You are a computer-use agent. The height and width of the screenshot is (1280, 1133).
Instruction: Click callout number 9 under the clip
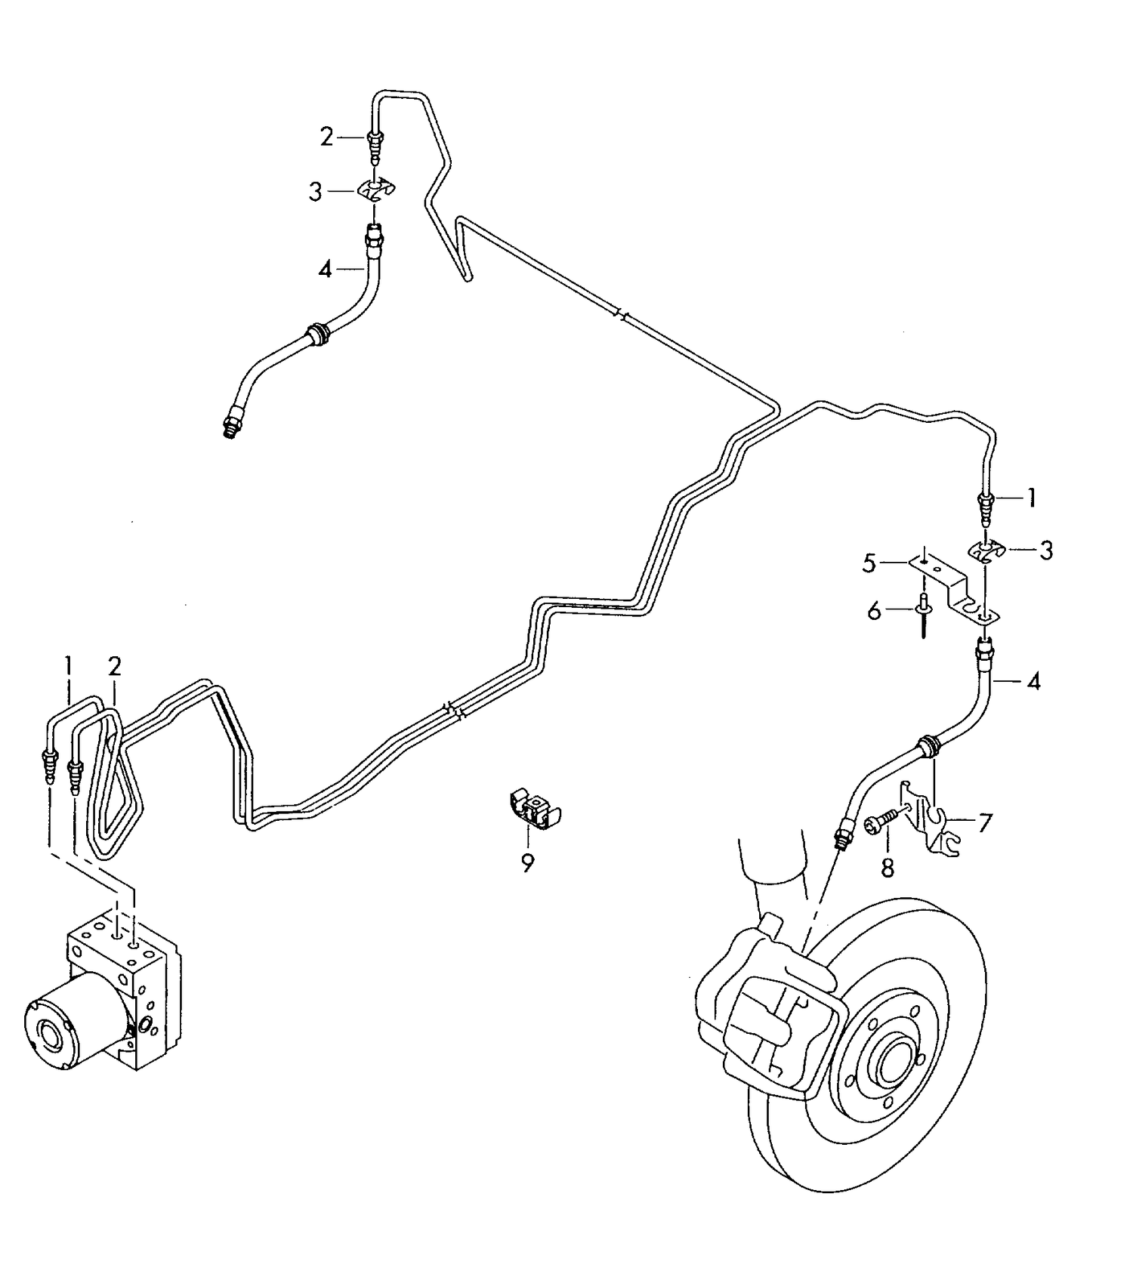[527, 862]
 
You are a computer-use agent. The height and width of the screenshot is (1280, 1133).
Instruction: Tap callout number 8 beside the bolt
[888, 868]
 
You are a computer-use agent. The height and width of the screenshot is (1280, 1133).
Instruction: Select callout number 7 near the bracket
[984, 822]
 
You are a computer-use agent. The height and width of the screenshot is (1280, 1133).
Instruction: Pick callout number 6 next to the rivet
[875, 611]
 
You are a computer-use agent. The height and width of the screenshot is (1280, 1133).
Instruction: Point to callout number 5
[869, 563]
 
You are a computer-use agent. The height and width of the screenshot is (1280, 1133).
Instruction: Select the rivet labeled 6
[923, 615]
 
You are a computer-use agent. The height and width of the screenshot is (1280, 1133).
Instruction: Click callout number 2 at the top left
[326, 137]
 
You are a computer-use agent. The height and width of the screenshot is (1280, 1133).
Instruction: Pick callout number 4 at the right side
[1033, 681]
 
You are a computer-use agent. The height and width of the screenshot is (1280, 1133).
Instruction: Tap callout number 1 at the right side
[1031, 498]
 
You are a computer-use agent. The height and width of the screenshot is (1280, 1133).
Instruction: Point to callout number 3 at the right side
[1045, 551]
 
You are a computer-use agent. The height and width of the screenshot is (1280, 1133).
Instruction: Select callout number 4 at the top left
[325, 269]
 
